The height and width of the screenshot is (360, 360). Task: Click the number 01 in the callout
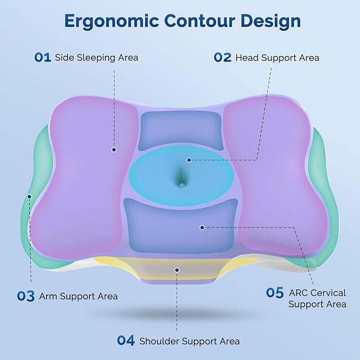tap(42, 57)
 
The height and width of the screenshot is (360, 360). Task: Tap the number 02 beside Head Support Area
tap(223, 57)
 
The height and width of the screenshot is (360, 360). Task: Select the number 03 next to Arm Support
tap(25, 296)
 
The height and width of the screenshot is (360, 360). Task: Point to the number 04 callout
tap(126, 340)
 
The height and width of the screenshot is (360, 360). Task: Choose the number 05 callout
tap(275, 293)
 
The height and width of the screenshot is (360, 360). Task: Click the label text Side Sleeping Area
tap(96, 57)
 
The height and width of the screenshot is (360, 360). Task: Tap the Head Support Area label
tap(277, 57)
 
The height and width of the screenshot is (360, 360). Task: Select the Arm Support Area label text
tap(78, 296)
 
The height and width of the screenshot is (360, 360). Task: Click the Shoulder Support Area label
tap(189, 341)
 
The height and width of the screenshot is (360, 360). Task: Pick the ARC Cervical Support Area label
tap(318, 298)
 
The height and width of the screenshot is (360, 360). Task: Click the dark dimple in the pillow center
tap(180, 180)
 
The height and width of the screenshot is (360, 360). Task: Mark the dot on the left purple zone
tap(114, 150)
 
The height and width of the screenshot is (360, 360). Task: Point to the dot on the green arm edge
tap(30, 196)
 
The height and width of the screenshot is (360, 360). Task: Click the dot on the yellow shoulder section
tap(177, 269)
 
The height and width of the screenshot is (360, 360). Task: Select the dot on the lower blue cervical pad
tap(202, 227)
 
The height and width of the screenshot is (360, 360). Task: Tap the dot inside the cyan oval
tap(189, 159)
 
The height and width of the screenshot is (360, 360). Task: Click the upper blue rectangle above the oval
tap(180, 130)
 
